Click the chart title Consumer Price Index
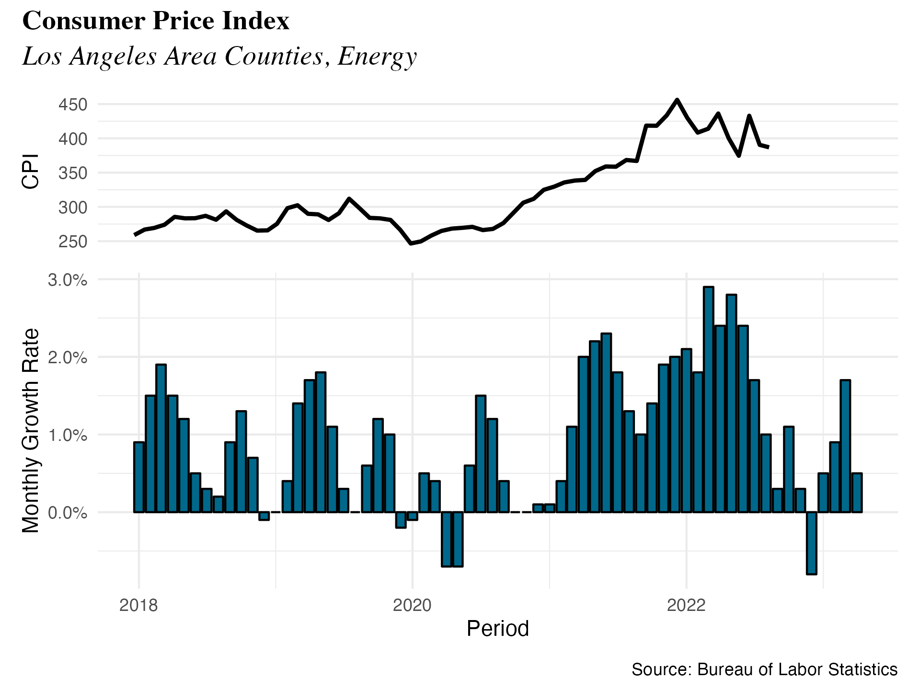click(156, 21)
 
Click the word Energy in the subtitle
click(377, 57)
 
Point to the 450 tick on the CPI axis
click(73, 104)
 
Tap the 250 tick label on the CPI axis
click(73, 242)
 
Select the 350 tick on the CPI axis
click(73, 173)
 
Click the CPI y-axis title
click(31, 172)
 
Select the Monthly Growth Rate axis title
click(31, 430)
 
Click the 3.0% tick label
click(68, 280)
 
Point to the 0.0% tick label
click(68, 513)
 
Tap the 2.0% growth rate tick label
click(68, 357)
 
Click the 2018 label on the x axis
click(138, 606)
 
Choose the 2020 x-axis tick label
click(412, 606)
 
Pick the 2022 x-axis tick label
click(686, 606)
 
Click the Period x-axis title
click(497, 629)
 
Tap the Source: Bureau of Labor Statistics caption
click(764, 669)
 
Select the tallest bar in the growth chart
click(709, 400)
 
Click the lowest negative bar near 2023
click(811, 543)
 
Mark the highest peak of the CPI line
click(677, 100)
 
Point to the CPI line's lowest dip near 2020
click(411, 243)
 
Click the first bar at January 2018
click(139, 477)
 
